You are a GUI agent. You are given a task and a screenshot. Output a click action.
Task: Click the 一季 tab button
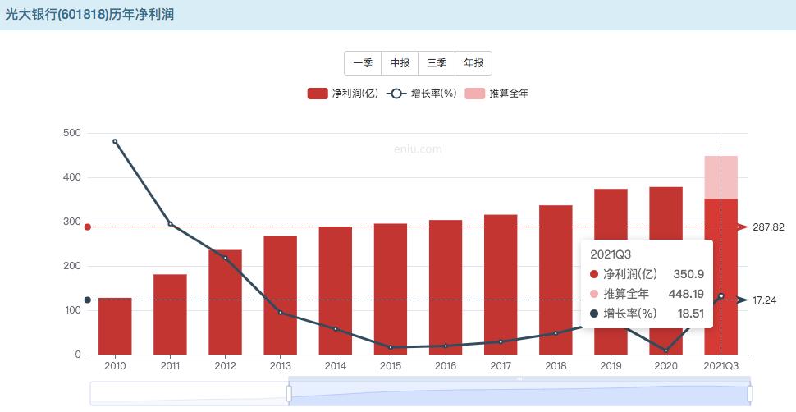(x=363, y=63)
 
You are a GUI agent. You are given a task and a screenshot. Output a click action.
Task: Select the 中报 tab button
(x=400, y=63)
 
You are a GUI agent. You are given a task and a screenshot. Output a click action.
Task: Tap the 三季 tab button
(x=437, y=63)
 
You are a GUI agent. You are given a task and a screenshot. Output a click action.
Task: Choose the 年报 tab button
(x=473, y=63)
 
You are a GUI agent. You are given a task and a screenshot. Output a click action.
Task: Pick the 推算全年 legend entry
(x=497, y=94)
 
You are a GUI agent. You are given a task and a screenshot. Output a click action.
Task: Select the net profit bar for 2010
(x=115, y=327)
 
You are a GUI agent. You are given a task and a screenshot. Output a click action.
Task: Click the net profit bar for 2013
(x=280, y=295)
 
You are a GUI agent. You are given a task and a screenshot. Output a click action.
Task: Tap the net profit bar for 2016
(x=445, y=287)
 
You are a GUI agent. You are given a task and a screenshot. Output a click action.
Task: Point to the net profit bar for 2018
(x=556, y=280)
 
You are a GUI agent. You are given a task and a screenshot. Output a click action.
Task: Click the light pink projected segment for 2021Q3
(x=721, y=177)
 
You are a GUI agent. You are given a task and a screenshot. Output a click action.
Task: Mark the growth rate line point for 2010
(x=115, y=141)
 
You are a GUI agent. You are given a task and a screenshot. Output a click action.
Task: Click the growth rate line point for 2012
(x=225, y=259)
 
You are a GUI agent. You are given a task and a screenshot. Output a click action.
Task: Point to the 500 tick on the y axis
(x=71, y=133)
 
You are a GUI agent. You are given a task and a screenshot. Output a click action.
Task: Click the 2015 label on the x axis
(x=390, y=366)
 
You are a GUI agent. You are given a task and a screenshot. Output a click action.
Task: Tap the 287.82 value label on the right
(x=768, y=227)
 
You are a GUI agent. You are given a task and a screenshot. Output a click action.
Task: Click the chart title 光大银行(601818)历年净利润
(x=89, y=15)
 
